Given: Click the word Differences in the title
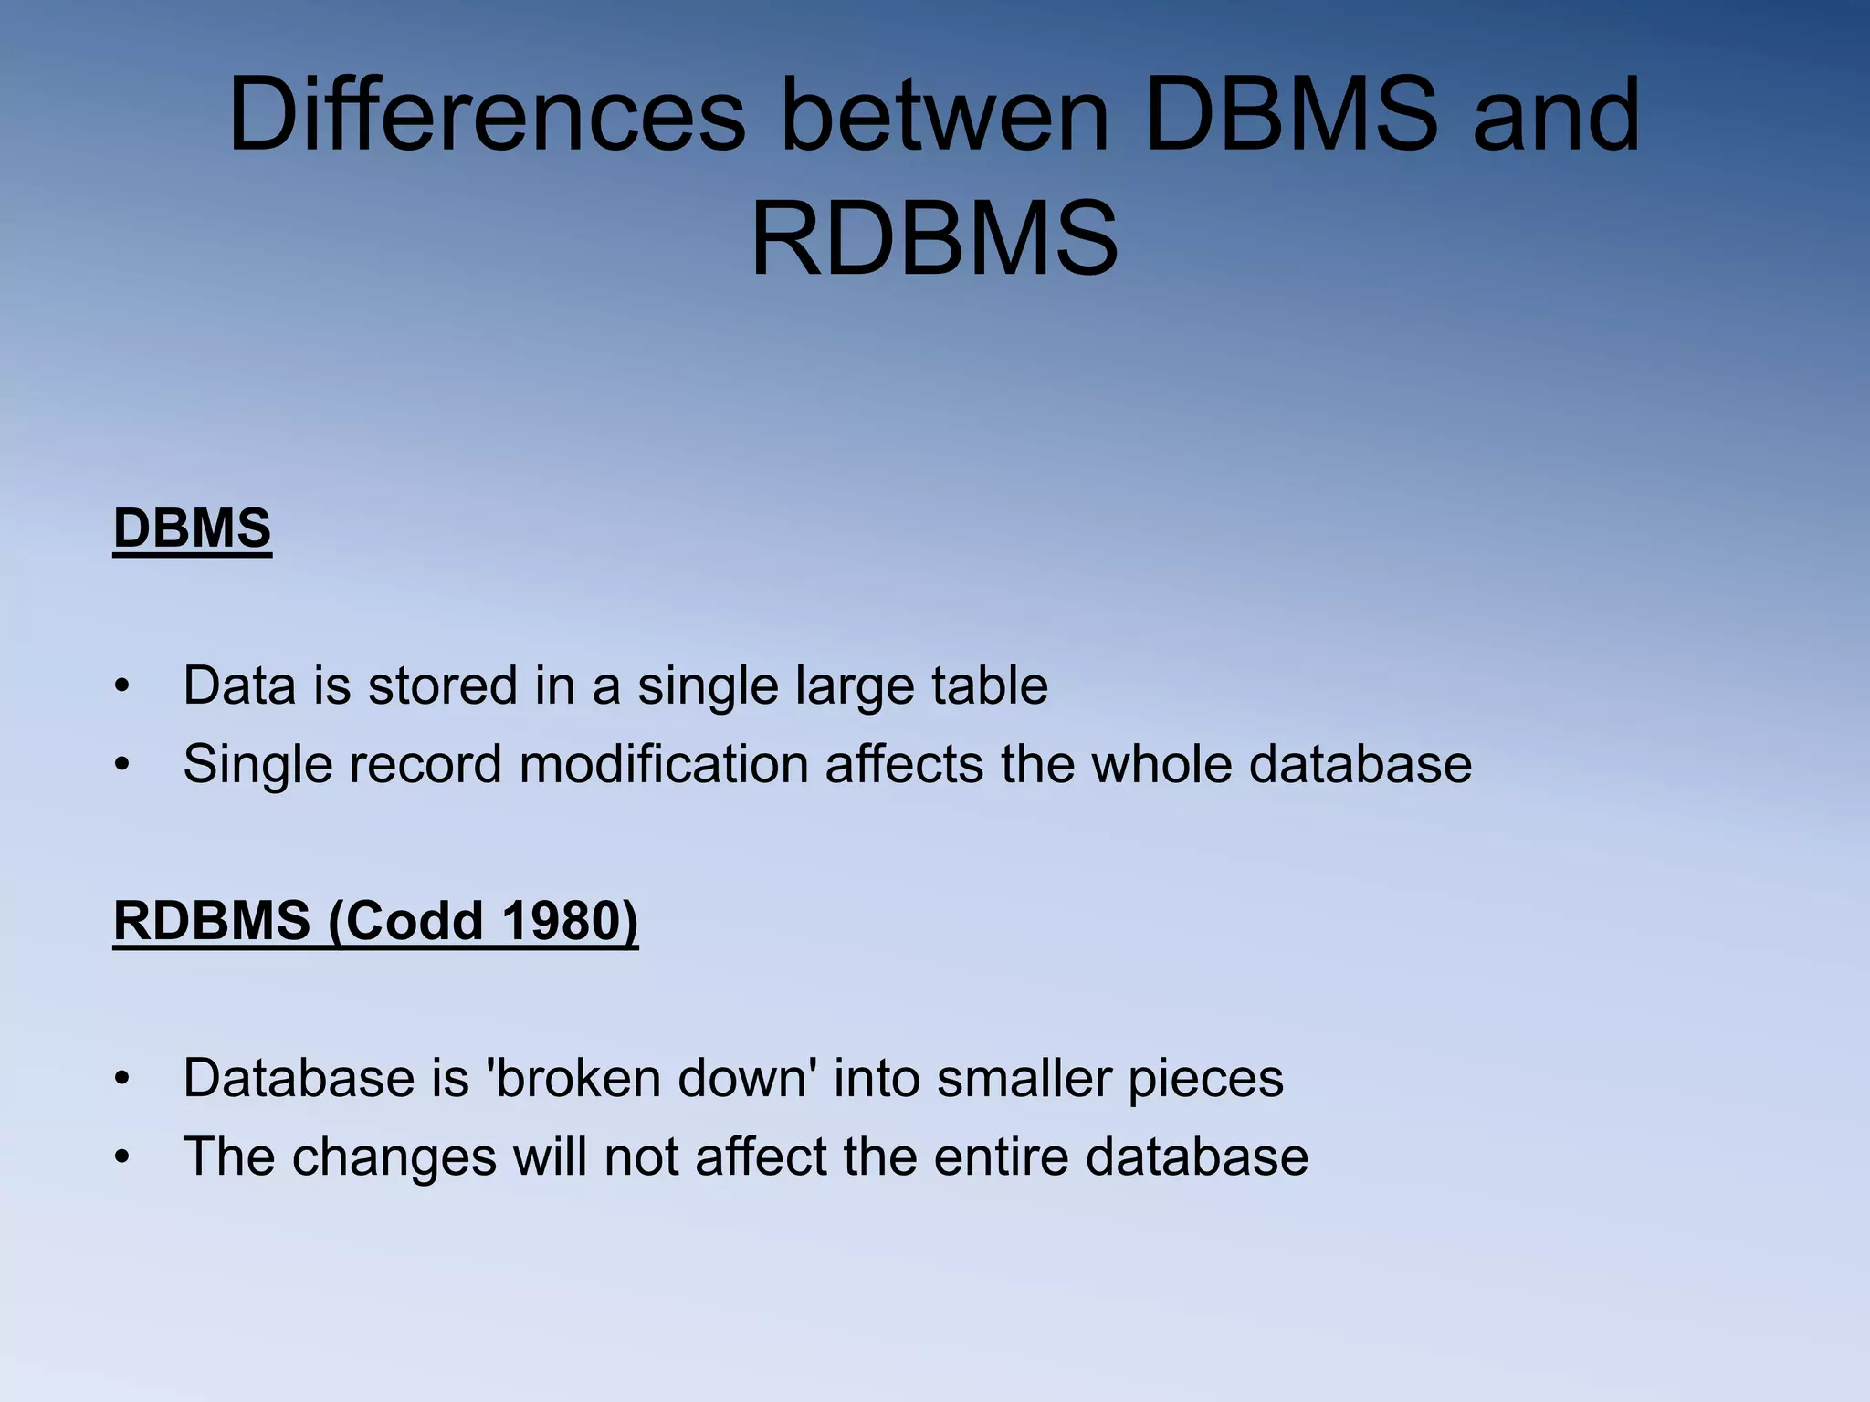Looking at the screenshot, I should tap(487, 115).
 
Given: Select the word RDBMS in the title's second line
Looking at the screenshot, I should tap(934, 239).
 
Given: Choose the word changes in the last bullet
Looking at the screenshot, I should tap(394, 1157).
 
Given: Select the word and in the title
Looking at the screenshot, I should tap(1556, 115).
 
